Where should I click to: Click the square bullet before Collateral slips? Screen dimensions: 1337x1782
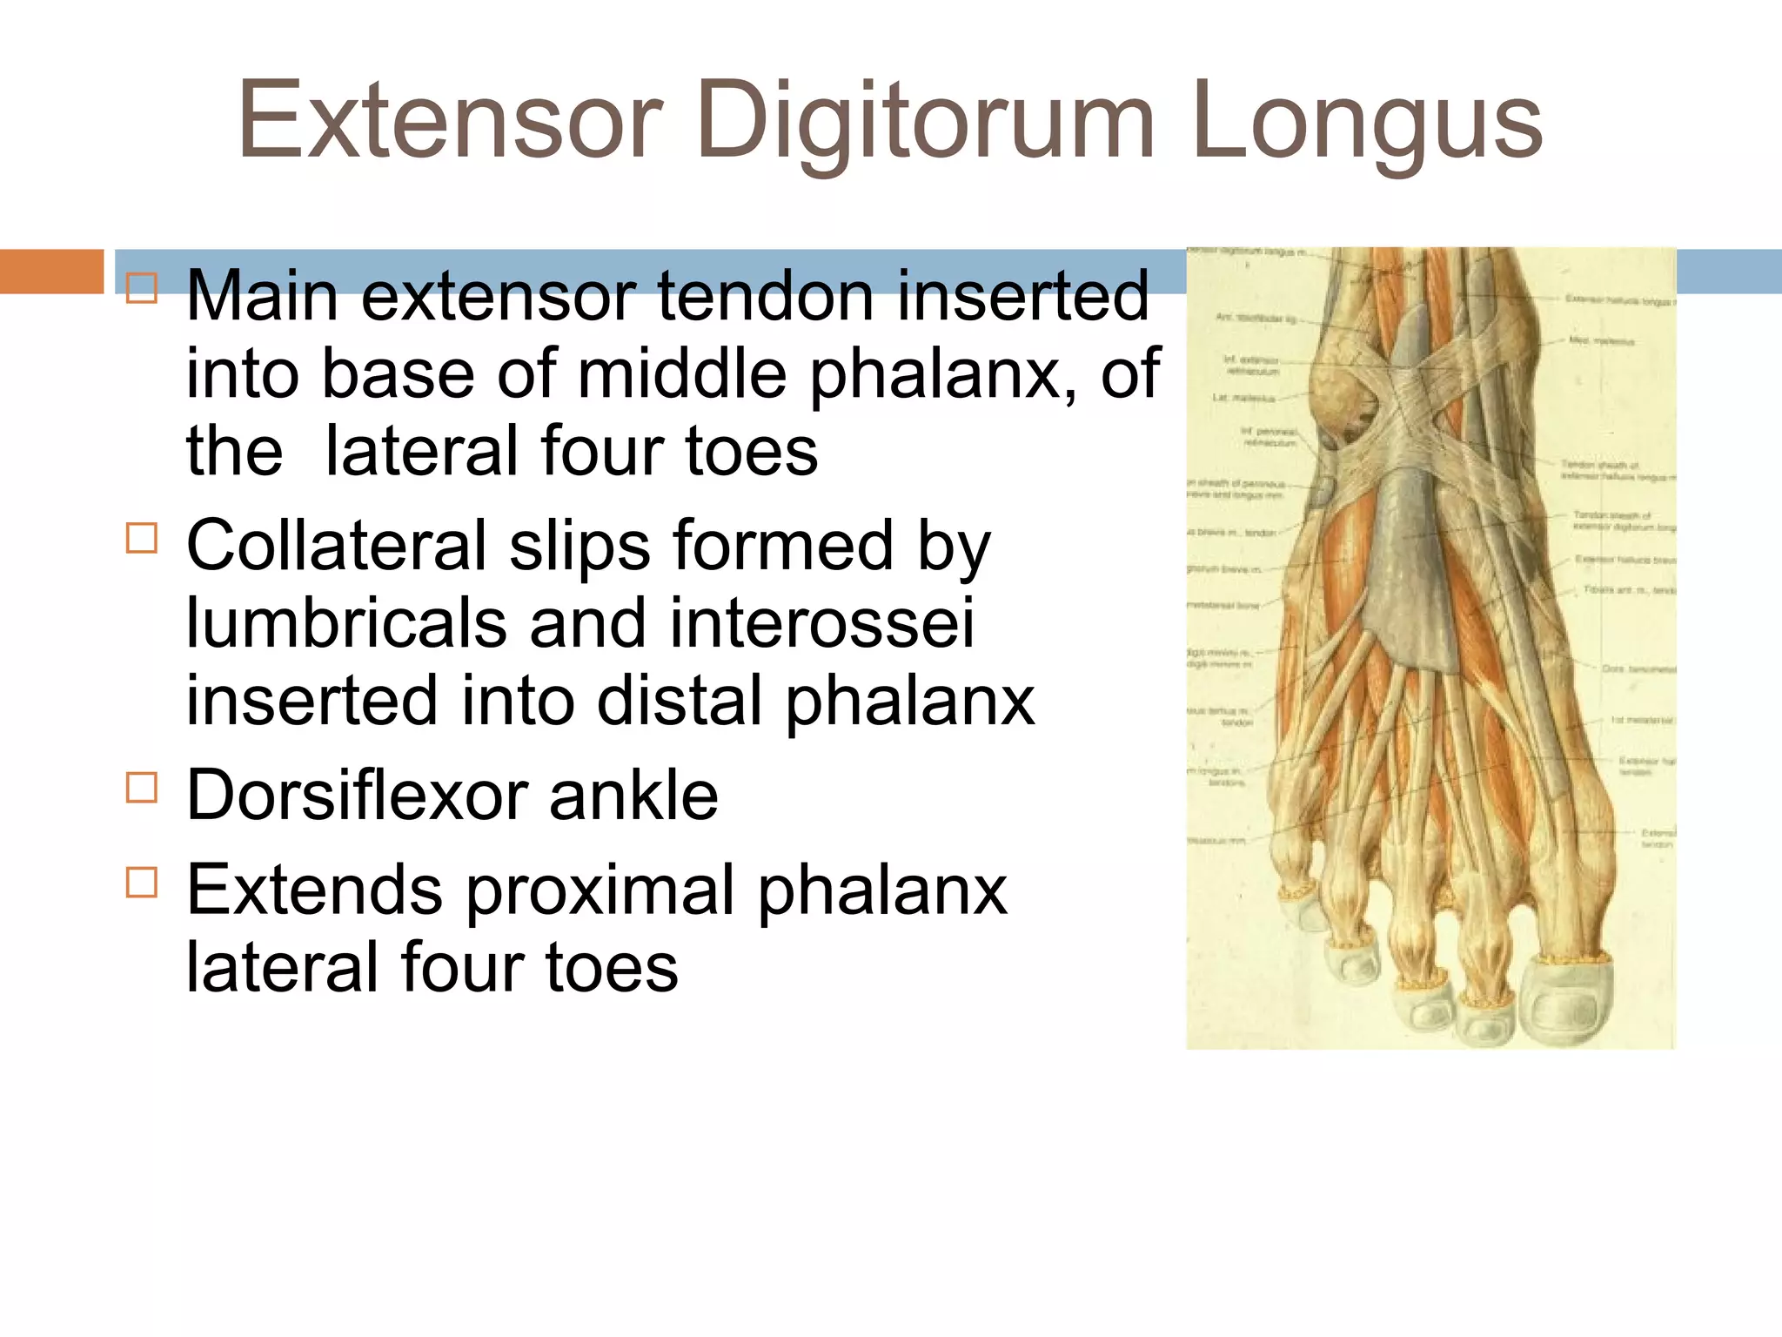click(142, 538)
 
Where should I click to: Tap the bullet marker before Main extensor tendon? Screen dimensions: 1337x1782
click(142, 288)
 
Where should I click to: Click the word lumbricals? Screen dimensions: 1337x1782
click(346, 623)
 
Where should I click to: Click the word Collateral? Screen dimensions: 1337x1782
click(336, 546)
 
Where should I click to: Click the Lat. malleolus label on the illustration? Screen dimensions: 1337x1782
click(1243, 398)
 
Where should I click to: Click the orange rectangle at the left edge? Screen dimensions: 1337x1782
click(51, 271)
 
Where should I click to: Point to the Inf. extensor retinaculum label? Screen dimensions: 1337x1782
click(1252, 365)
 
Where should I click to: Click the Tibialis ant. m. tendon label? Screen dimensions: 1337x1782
click(1628, 590)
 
